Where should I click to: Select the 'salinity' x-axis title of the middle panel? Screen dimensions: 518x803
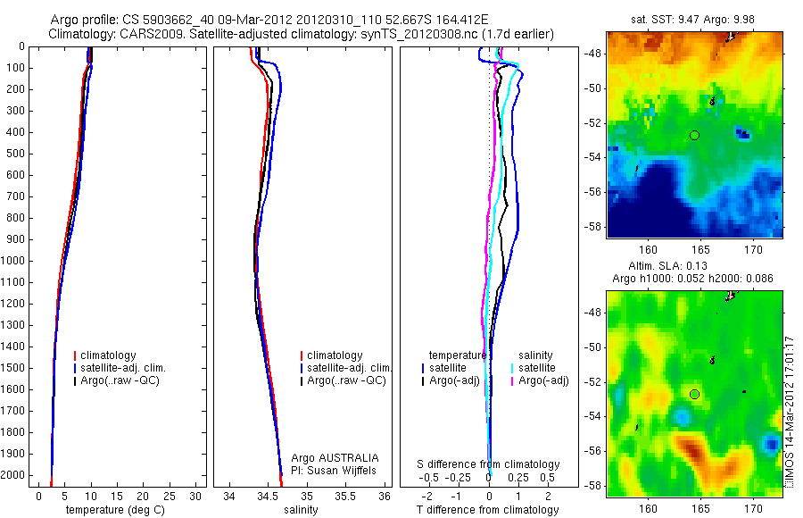301,510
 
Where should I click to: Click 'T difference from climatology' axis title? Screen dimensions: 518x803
487,510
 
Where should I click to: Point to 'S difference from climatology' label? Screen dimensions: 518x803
489,464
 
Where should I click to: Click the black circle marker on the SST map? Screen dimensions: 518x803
694,135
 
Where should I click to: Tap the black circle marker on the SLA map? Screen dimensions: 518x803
694,394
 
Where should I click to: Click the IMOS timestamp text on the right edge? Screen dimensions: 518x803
788,411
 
